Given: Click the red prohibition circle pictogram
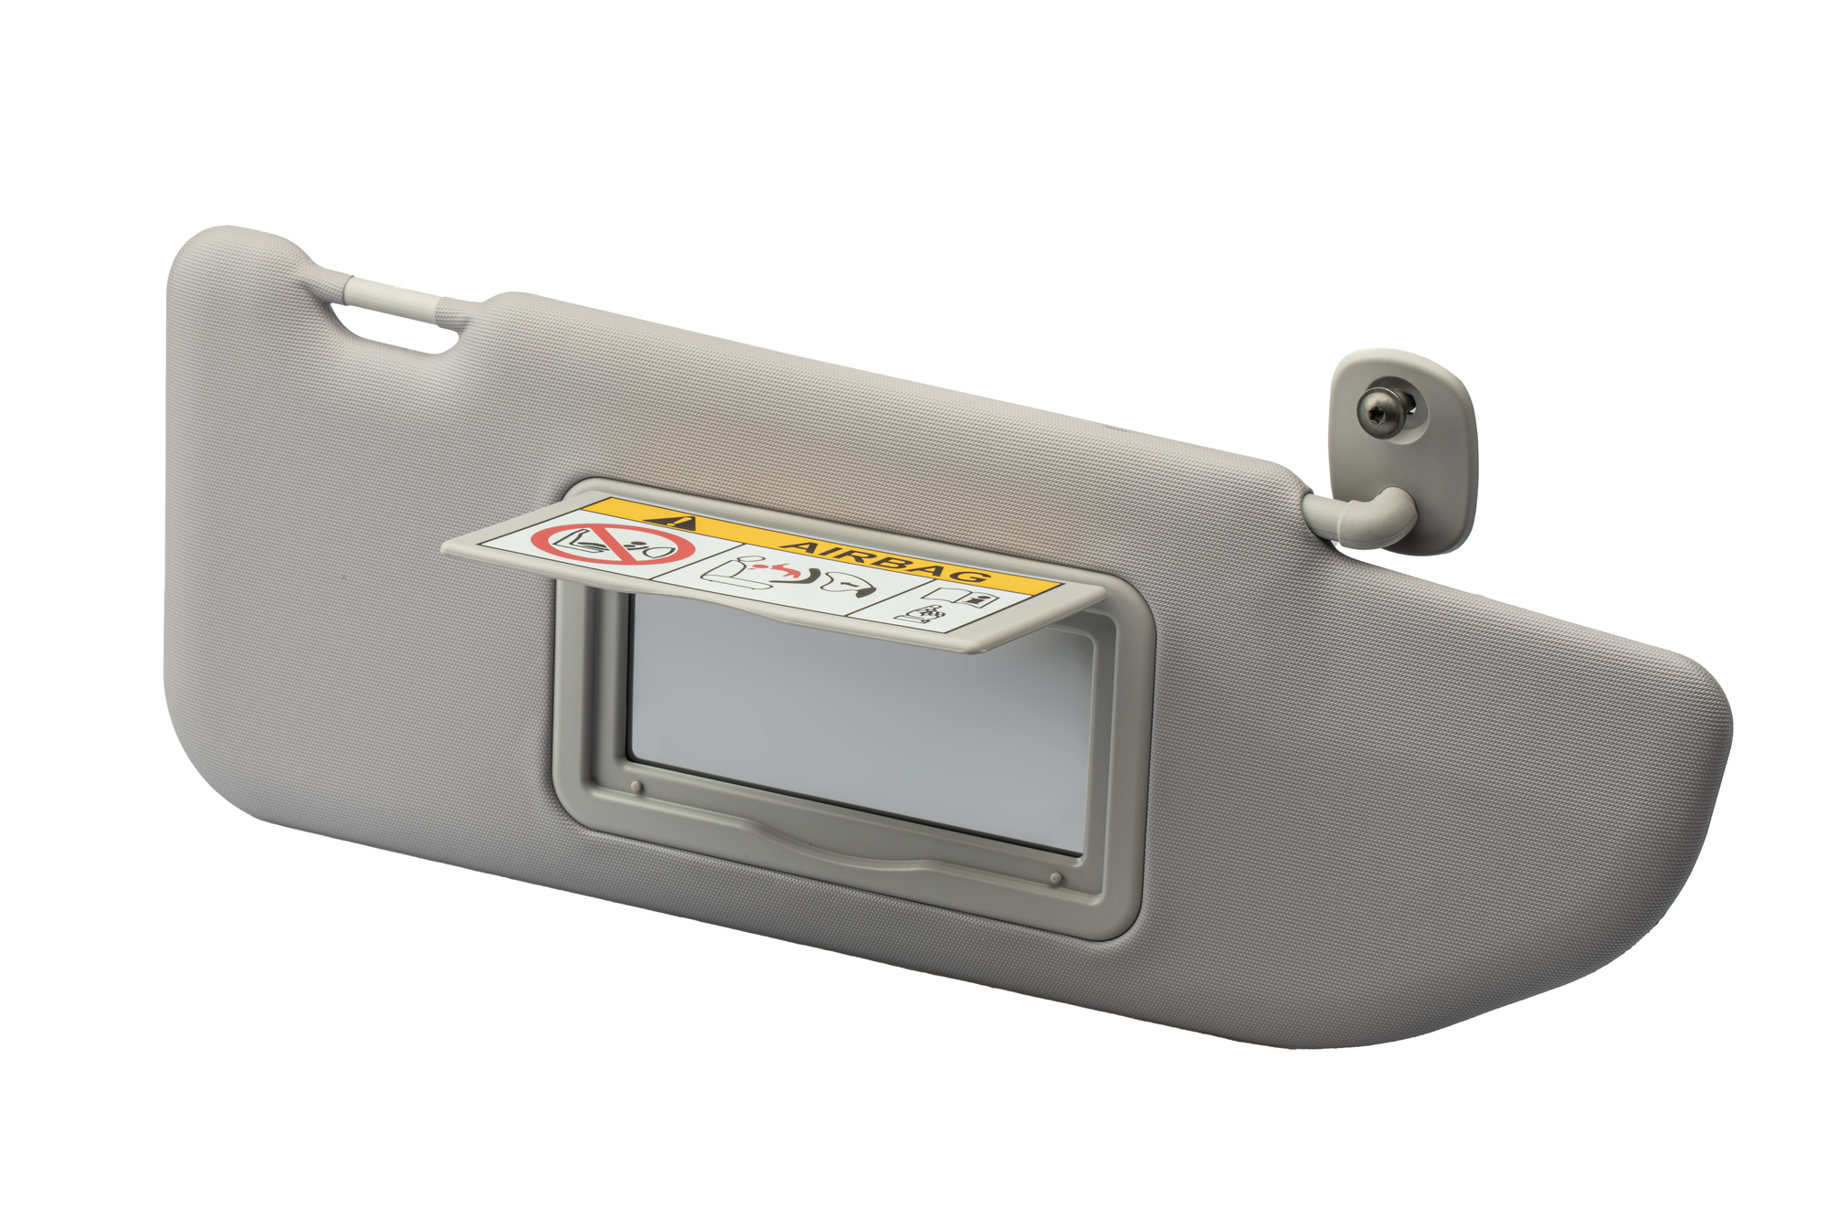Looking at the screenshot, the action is (612, 545).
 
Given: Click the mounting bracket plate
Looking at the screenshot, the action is (1402, 448).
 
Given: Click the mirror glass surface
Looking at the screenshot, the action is (859, 722).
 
